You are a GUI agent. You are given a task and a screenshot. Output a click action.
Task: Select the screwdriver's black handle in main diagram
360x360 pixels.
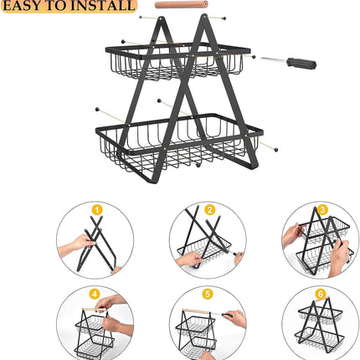[x=301, y=63]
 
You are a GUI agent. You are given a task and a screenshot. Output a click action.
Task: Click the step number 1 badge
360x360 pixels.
[x=96, y=209]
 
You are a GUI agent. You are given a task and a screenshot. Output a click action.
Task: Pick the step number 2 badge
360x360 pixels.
[x=210, y=209]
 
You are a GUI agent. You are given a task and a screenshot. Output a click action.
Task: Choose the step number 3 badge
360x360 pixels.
[x=322, y=209]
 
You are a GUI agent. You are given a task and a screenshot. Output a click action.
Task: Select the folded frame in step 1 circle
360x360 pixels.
[x=100, y=243]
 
